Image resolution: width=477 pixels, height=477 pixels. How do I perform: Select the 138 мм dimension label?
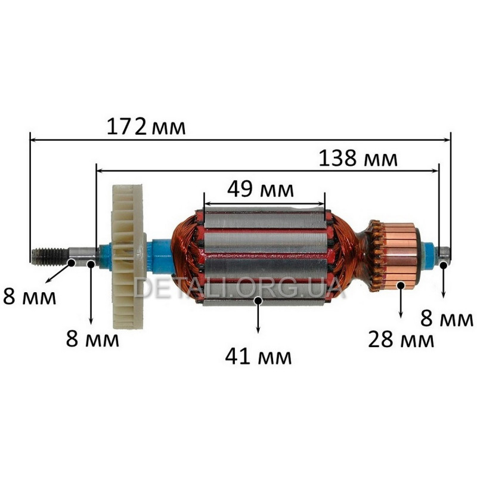[x=358, y=158]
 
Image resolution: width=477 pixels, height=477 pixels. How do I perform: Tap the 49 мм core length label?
[x=261, y=189]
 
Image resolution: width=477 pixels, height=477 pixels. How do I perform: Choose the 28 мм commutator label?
[x=401, y=339]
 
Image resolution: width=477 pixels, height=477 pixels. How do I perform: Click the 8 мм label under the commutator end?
[x=447, y=318]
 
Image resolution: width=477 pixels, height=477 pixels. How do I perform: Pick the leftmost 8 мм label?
[x=29, y=296]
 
